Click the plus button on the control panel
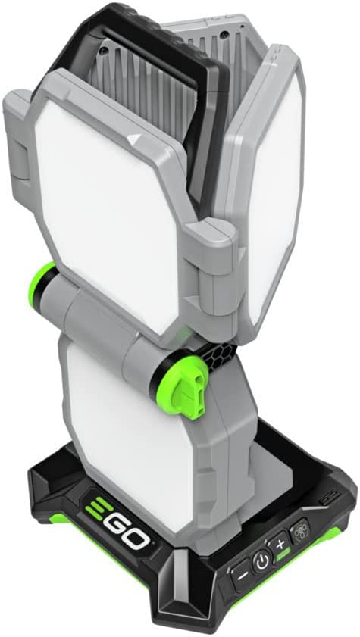click(280, 545)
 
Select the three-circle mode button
click(301, 530)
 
